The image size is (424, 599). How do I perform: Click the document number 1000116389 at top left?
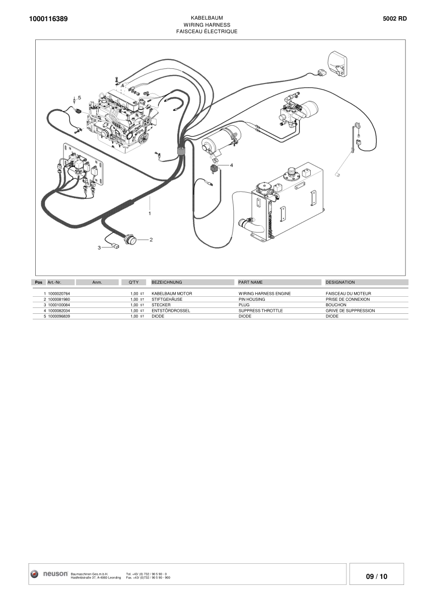pos(48,19)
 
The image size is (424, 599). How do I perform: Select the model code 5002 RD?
pos(395,19)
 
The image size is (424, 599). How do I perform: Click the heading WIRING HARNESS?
pos(206,24)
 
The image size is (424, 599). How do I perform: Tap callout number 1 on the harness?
pos(150,213)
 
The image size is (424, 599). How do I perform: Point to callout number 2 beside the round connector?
pos(151,239)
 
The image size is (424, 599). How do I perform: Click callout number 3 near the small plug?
pos(99,247)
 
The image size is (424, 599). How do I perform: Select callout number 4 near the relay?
pos(232,165)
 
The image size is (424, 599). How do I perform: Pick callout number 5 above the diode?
pos(79,97)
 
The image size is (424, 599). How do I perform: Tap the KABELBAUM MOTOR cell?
pos(171,293)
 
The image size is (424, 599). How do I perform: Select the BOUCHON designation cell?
pos(336,305)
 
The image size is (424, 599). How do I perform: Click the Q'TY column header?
pos(133,282)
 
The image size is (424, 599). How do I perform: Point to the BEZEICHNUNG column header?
pos(166,282)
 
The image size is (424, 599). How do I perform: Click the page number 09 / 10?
pos(377,577)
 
